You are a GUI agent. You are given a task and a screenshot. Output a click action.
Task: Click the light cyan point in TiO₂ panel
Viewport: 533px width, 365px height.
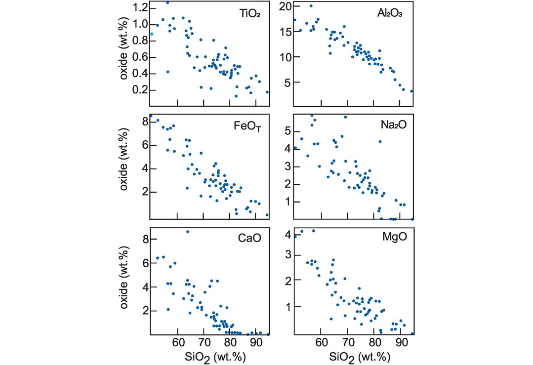pos(152,34)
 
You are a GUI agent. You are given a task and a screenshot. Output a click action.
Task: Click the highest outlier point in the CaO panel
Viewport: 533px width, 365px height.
pos(187,232)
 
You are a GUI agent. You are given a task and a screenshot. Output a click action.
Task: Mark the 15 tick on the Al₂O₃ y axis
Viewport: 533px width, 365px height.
pos(284,31)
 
